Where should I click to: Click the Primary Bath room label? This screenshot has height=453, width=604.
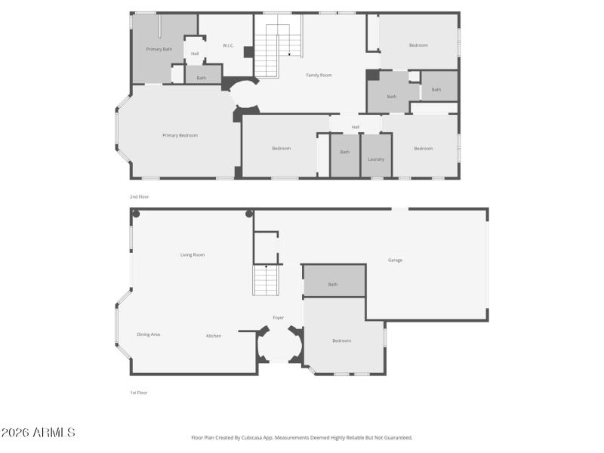click(x=159, y=49)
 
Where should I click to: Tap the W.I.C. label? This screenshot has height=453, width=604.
click(x=228, y=46)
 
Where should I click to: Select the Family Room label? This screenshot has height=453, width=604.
click(x=319, y=75)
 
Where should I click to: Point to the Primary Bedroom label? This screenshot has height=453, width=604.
click(x=180, y=135)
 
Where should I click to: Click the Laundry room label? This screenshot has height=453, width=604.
click(x=376, y=159)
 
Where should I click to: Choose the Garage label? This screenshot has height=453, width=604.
click(x=395, y=260)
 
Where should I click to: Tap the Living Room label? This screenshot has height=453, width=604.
click(x=192, y=255)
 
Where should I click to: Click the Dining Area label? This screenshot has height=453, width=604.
click(x=148, y=334)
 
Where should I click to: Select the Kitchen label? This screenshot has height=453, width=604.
click(x=214, y=336)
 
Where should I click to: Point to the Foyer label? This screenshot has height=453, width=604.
click(x=278, y=318)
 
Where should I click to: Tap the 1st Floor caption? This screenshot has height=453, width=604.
click(x=138, y=393)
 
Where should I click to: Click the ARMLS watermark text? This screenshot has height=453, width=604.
click(x=38, y=433)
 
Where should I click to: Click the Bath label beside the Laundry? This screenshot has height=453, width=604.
click(x=345, y=152)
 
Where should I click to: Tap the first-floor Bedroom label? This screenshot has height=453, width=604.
click(x=341, y=341)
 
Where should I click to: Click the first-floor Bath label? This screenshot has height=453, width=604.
click(x=333, y=285)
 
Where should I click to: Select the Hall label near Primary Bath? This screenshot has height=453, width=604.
click(x=195, y=54)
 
